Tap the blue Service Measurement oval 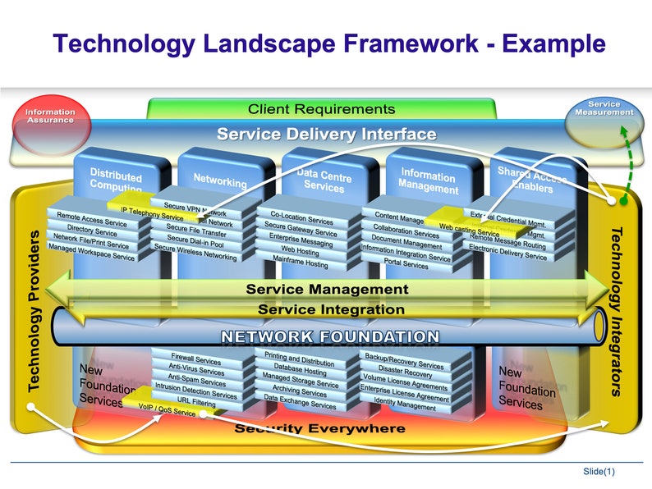(604, 112)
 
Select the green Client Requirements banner (321, 109)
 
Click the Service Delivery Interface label (326, 134)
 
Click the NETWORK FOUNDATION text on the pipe (329, 336)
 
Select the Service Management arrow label (326, 289)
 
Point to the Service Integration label (330, 309)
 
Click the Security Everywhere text (319, 428)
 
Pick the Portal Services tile (406, 265)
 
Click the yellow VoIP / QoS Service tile (166, 409)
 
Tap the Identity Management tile (405, 405)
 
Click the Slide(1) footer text (599, 471)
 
